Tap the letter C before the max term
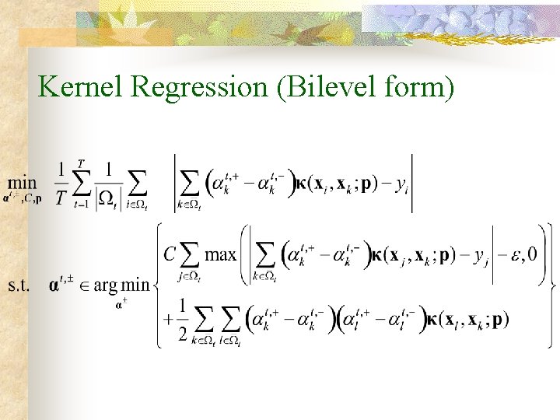pos(170,254)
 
